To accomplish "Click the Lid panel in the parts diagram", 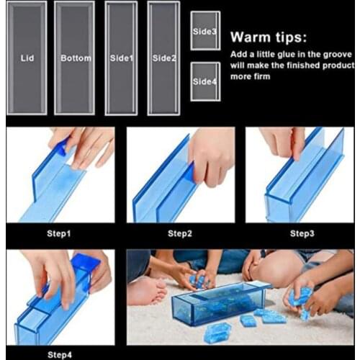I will click(x=27, y=58).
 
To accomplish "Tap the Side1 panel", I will click(x=120, y=58).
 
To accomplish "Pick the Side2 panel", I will click(x=163, y=58).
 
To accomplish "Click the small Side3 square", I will click(x=205, y=32).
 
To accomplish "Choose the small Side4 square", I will click(x=205, y=81).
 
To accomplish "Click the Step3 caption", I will click(x=301, y=233).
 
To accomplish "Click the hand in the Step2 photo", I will click(x=212, y=155).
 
